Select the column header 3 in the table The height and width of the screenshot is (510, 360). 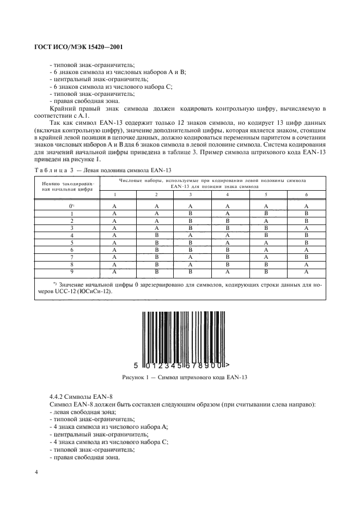(x=190, y=195)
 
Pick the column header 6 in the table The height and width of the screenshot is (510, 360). (x=306, y=195)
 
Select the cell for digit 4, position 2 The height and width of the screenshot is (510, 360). (x=156, y=235)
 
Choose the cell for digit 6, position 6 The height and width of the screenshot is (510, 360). (x=306, y=249)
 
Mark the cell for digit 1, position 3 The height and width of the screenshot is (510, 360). (x=190, y=214)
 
